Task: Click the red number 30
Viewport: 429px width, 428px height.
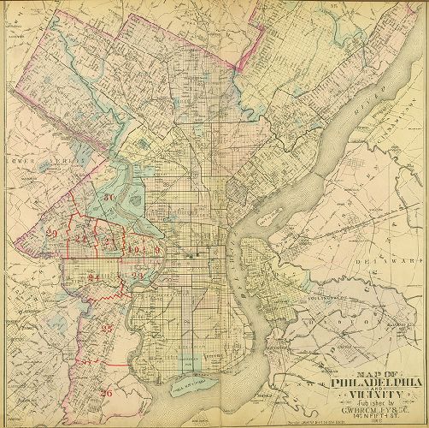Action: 109,199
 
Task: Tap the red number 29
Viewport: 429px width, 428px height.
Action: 52,234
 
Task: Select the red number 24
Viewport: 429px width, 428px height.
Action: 93,277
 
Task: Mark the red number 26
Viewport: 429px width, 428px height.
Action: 106,393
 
